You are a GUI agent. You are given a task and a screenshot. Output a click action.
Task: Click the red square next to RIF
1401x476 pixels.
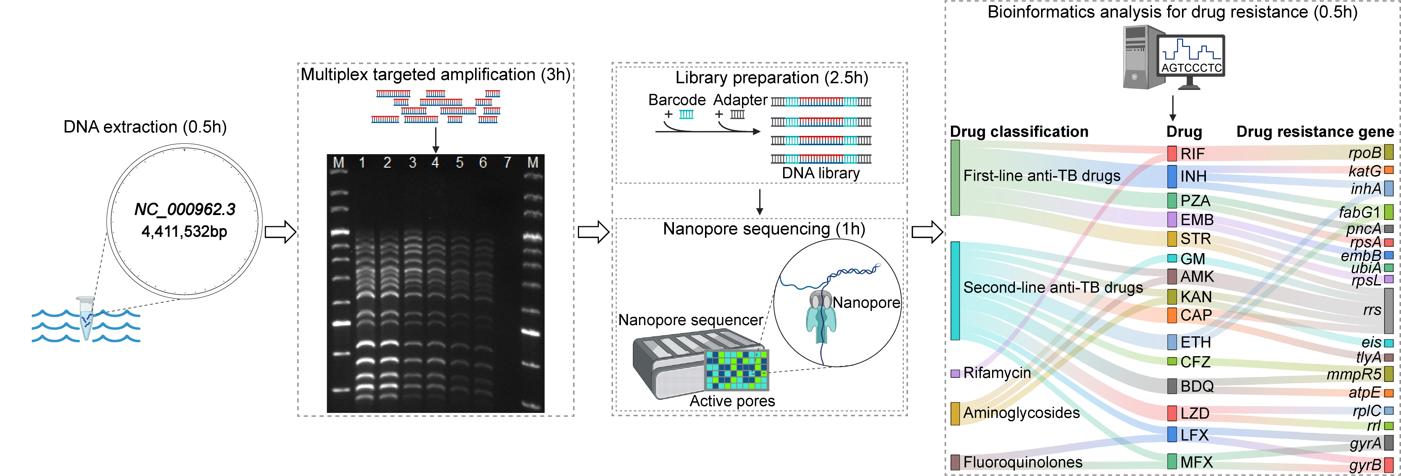click(x=1172, y=153)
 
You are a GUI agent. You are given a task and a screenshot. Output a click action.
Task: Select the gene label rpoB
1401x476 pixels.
click(x=1365, y=153)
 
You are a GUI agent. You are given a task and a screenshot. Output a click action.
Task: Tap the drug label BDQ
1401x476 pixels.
click(x=1197, y=386)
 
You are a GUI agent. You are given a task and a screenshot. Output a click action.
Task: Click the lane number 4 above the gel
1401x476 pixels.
click(x=435, y=162)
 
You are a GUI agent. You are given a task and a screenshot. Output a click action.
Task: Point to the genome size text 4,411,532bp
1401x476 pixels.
click(x=184, y=232)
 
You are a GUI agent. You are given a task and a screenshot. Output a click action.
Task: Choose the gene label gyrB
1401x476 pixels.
click(x=1365, y=465)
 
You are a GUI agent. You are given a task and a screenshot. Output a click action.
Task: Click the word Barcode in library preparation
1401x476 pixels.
click(x=677, y=100)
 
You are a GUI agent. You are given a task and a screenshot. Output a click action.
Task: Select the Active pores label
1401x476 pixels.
click(x=732, y=401)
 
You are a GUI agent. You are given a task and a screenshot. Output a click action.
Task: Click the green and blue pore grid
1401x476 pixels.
click(x=736, y=370)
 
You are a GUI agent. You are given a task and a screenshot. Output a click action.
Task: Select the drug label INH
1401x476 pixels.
click(x=1193, y=176)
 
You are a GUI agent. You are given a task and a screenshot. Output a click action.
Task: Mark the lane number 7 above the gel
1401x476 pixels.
click(x=507, y=162)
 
